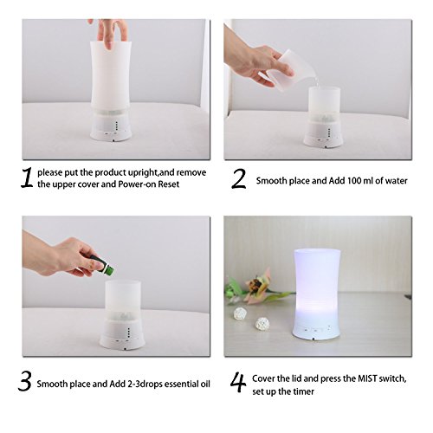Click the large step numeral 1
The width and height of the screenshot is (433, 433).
coord(27,178)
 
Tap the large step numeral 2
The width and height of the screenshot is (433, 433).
coord(239,178)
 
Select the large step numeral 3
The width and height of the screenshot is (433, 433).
coord(25,381)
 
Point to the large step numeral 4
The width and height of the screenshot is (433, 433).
coord(238,382)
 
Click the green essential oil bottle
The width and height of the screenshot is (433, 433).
coord(102,264)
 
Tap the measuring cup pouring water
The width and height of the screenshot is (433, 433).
coord(280,70)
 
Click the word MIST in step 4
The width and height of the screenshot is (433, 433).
coord(367,378)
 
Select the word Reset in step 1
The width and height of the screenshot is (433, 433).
coord(169,184)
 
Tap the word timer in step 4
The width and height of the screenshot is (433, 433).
coord(304,391)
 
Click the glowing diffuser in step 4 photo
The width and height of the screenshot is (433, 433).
coord(317,294)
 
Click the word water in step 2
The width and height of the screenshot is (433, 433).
coord(397,181)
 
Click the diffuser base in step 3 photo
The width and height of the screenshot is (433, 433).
coord(122,334)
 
